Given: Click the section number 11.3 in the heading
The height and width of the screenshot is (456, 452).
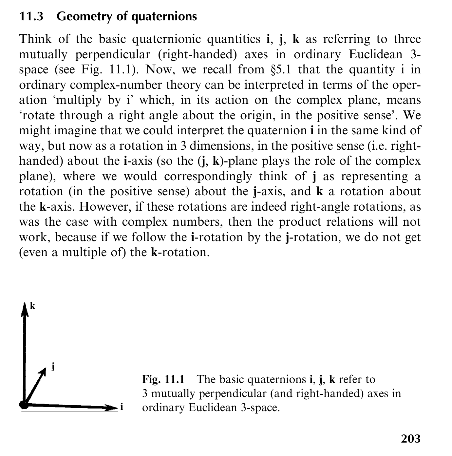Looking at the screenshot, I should (x=31, y=16).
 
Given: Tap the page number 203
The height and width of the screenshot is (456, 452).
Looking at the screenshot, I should (x=410, y=438).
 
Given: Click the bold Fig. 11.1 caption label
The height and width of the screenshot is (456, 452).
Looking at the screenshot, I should (x=163, y=379).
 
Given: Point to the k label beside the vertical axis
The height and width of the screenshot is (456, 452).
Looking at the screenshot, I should (x=32, y=306).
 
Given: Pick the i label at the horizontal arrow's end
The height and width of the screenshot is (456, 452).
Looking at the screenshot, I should (x=122, y=407).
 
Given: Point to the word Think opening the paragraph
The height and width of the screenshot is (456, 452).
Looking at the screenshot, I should (x=35, y=39).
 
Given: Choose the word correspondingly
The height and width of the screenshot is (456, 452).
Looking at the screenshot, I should (x=208, y=176).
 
